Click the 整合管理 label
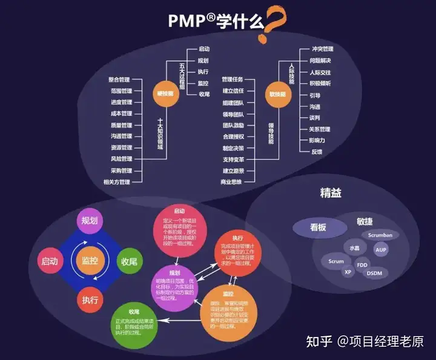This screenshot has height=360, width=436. click(x=120, y=79)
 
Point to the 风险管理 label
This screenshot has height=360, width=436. click(x=121, y=159)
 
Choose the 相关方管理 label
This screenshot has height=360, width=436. click(x=117, y=182)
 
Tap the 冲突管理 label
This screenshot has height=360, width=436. click(x=322, y=49)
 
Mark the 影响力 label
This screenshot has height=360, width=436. click(x=318, y=140)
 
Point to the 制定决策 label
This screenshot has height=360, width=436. click(x=233, y=148)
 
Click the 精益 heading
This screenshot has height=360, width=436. click(x=331, y=194)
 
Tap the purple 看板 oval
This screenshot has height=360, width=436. click(x=319, y=228)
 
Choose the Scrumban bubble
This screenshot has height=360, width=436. click(x=380, y=234)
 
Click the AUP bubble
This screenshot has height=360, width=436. click(x=381, y=249)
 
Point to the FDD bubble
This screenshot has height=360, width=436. click(x=362, y=265)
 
